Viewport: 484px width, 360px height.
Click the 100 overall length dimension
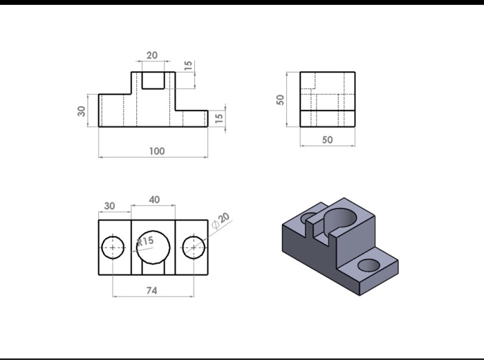[156, 151]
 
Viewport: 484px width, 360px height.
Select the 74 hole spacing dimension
[151, 291]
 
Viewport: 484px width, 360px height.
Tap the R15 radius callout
[145, 241]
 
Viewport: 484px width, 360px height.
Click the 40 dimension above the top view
[153, 199]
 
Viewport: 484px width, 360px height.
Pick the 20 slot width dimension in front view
[152, 55]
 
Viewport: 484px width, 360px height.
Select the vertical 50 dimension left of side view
[280, 99]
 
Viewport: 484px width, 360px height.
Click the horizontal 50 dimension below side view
[327, 140]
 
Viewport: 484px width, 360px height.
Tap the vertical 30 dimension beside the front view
[82, 111]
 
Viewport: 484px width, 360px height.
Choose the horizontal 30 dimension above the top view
[110, 205]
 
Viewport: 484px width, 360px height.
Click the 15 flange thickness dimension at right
[219, 118]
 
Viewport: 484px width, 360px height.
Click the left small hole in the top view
[113, 247]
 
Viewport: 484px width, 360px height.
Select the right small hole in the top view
[194, 247]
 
